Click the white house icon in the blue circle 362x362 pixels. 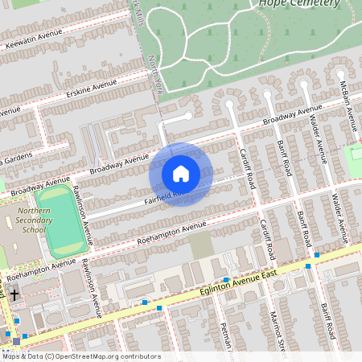tap(181, 173)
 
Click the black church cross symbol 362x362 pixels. tap(14, 295)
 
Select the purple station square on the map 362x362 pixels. tap(17, 342)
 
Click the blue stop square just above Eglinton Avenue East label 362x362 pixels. tap(227, 280)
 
